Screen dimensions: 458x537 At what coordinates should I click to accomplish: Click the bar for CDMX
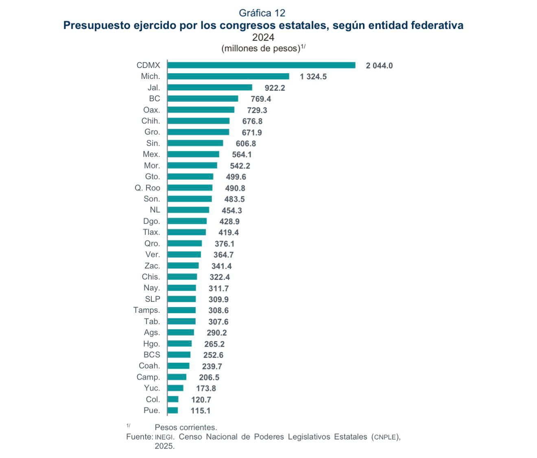pos(261,65)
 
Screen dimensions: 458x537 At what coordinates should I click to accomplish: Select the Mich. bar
pos(228,76)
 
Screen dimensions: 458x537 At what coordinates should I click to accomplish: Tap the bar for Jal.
pos(210,87)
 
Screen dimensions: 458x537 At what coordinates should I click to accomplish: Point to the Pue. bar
pos(172,410)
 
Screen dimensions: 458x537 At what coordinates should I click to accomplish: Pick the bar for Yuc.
pos(175,388)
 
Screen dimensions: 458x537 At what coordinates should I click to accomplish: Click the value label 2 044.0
pos(379,66)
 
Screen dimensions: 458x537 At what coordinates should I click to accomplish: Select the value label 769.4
pos(261,99)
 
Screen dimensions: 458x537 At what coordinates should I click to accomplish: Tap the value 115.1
pos(201,411)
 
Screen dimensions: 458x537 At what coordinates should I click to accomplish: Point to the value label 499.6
pos(236,177)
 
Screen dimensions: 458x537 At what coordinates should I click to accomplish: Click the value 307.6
pos(218,322)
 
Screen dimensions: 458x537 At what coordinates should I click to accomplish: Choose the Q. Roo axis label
pos(148,188)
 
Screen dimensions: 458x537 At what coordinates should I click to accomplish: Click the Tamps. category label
pos(147,310)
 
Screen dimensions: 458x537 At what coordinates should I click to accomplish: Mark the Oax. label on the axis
pos(152,110)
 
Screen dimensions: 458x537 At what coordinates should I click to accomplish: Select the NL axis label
pos(155,210)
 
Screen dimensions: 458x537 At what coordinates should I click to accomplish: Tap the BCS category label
pos(152,355)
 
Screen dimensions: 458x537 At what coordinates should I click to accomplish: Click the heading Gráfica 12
pos(262,13)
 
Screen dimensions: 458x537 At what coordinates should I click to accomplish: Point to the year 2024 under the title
pos(263,37)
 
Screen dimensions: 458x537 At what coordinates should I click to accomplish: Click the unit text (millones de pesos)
pos(261,48)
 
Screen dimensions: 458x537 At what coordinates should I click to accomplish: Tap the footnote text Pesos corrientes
pos(186,427)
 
